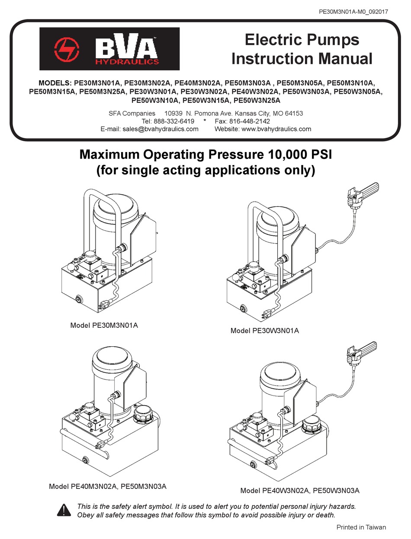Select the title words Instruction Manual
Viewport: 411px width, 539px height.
click(302, 58)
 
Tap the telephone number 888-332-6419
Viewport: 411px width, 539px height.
click(174, 121)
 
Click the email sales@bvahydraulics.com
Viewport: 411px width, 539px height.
click(161, 129)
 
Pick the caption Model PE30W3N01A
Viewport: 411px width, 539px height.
click(264, 331)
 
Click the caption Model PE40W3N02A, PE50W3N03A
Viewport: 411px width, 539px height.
click(300, 491)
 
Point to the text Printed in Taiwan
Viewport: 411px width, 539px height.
click(361, 527)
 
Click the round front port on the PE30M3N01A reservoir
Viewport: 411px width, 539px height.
click(80, 299)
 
